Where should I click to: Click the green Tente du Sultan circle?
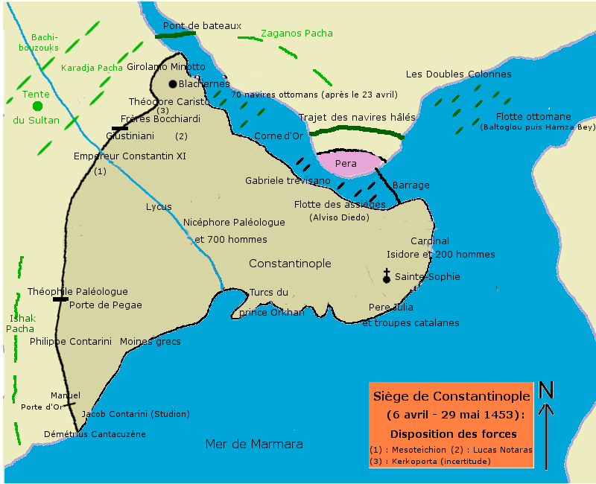pos(38,106)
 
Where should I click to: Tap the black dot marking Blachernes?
pos(173,84)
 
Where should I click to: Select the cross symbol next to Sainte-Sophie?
pos(386,276)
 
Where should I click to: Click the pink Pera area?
pos(346,163)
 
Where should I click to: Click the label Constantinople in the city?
pos(290,264)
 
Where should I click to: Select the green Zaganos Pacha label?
pos(297,34)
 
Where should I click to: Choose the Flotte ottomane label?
pos(533,116)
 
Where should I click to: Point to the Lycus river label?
pos(159,207)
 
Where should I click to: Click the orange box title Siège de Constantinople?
pos(451,396)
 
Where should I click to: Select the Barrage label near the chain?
pos(410,185)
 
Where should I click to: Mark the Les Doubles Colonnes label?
pos(453,74)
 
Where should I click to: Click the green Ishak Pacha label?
pos(20,323)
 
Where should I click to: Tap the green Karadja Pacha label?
pos(92,68)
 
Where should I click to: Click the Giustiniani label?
pos(130,136)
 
